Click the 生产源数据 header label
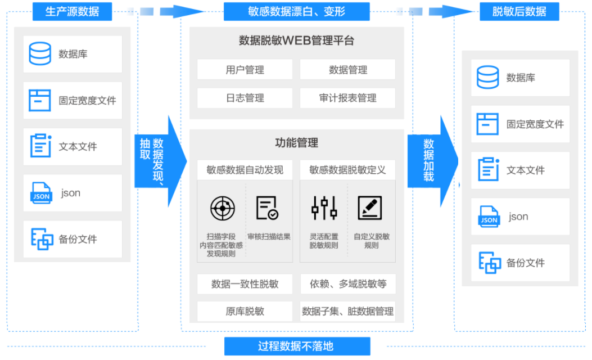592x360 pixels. click(71, 11)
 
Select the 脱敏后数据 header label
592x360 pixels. click(519, 11)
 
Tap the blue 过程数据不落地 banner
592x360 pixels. click(296, 346)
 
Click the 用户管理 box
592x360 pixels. click(245, 70)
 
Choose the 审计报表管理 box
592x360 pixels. click(347, 98)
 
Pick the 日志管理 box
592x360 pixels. click(245, 98)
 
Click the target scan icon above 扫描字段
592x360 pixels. click(222, 208)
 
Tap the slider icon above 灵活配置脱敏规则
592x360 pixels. click(324, 208)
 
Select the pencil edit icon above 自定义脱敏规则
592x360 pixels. click(369, 208)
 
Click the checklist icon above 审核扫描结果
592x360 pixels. click(267, 208)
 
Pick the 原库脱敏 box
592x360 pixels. click(245, 311)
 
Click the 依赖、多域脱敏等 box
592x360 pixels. click(347, 284)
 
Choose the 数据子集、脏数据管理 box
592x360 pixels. click(347, 311)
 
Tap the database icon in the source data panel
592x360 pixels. click(40, 54)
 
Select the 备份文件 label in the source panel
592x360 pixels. click(78, 239)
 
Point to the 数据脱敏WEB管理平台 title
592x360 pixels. click(296, 40)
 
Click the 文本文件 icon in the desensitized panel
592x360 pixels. click(488, 170)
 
